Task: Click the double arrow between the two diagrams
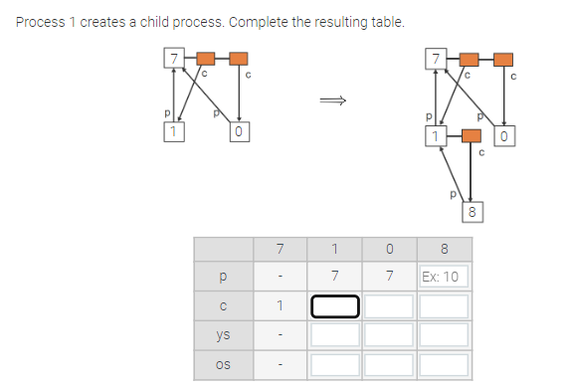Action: coord(332,99)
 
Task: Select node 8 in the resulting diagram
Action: coord(474,212)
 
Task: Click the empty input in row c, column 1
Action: coord(335,305)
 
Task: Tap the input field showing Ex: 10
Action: coord(442,276)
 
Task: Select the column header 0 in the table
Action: coord(389,248)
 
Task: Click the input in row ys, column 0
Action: coord(389,335)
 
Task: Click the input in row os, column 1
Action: coord(335,365)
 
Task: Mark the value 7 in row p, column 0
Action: coord(389,276)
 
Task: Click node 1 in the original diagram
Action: coord(173,131)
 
